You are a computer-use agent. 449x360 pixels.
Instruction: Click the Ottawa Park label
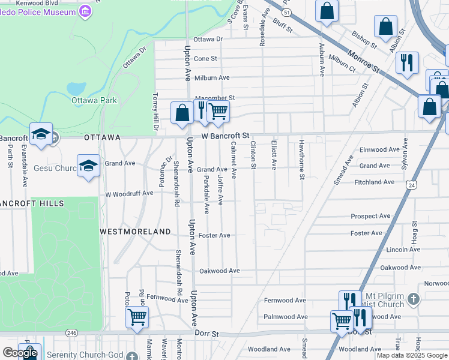[x=94, y=100]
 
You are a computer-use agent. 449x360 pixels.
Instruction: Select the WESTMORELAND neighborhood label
[x=135, y=231]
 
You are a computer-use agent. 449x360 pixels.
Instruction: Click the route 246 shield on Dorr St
[x=71, y=332]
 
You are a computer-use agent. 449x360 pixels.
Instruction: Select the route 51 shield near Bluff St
[x=287, y=12]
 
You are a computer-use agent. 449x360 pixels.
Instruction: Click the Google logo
[x=20, y=353]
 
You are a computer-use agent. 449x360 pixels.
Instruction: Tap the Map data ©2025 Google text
[x=412, y=355]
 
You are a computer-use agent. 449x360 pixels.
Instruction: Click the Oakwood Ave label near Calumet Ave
[x=220, y=271]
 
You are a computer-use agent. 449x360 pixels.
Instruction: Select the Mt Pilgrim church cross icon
[x=413, y=298]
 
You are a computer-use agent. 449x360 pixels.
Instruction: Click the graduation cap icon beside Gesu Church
[x=88, y=165]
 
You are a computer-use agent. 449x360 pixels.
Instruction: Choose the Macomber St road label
[x=214, y=97]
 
